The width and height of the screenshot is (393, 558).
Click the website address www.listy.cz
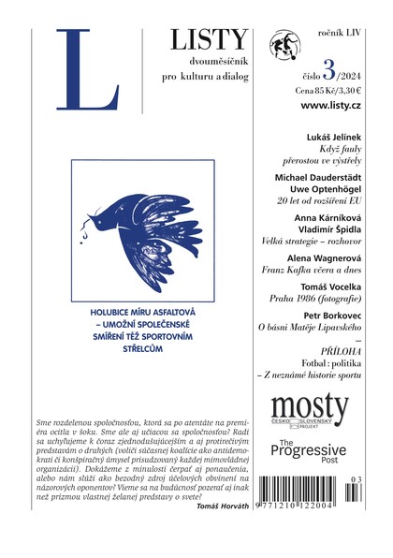click(x=333, y=107)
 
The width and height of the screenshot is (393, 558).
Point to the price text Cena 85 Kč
click(x=315, y=92)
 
